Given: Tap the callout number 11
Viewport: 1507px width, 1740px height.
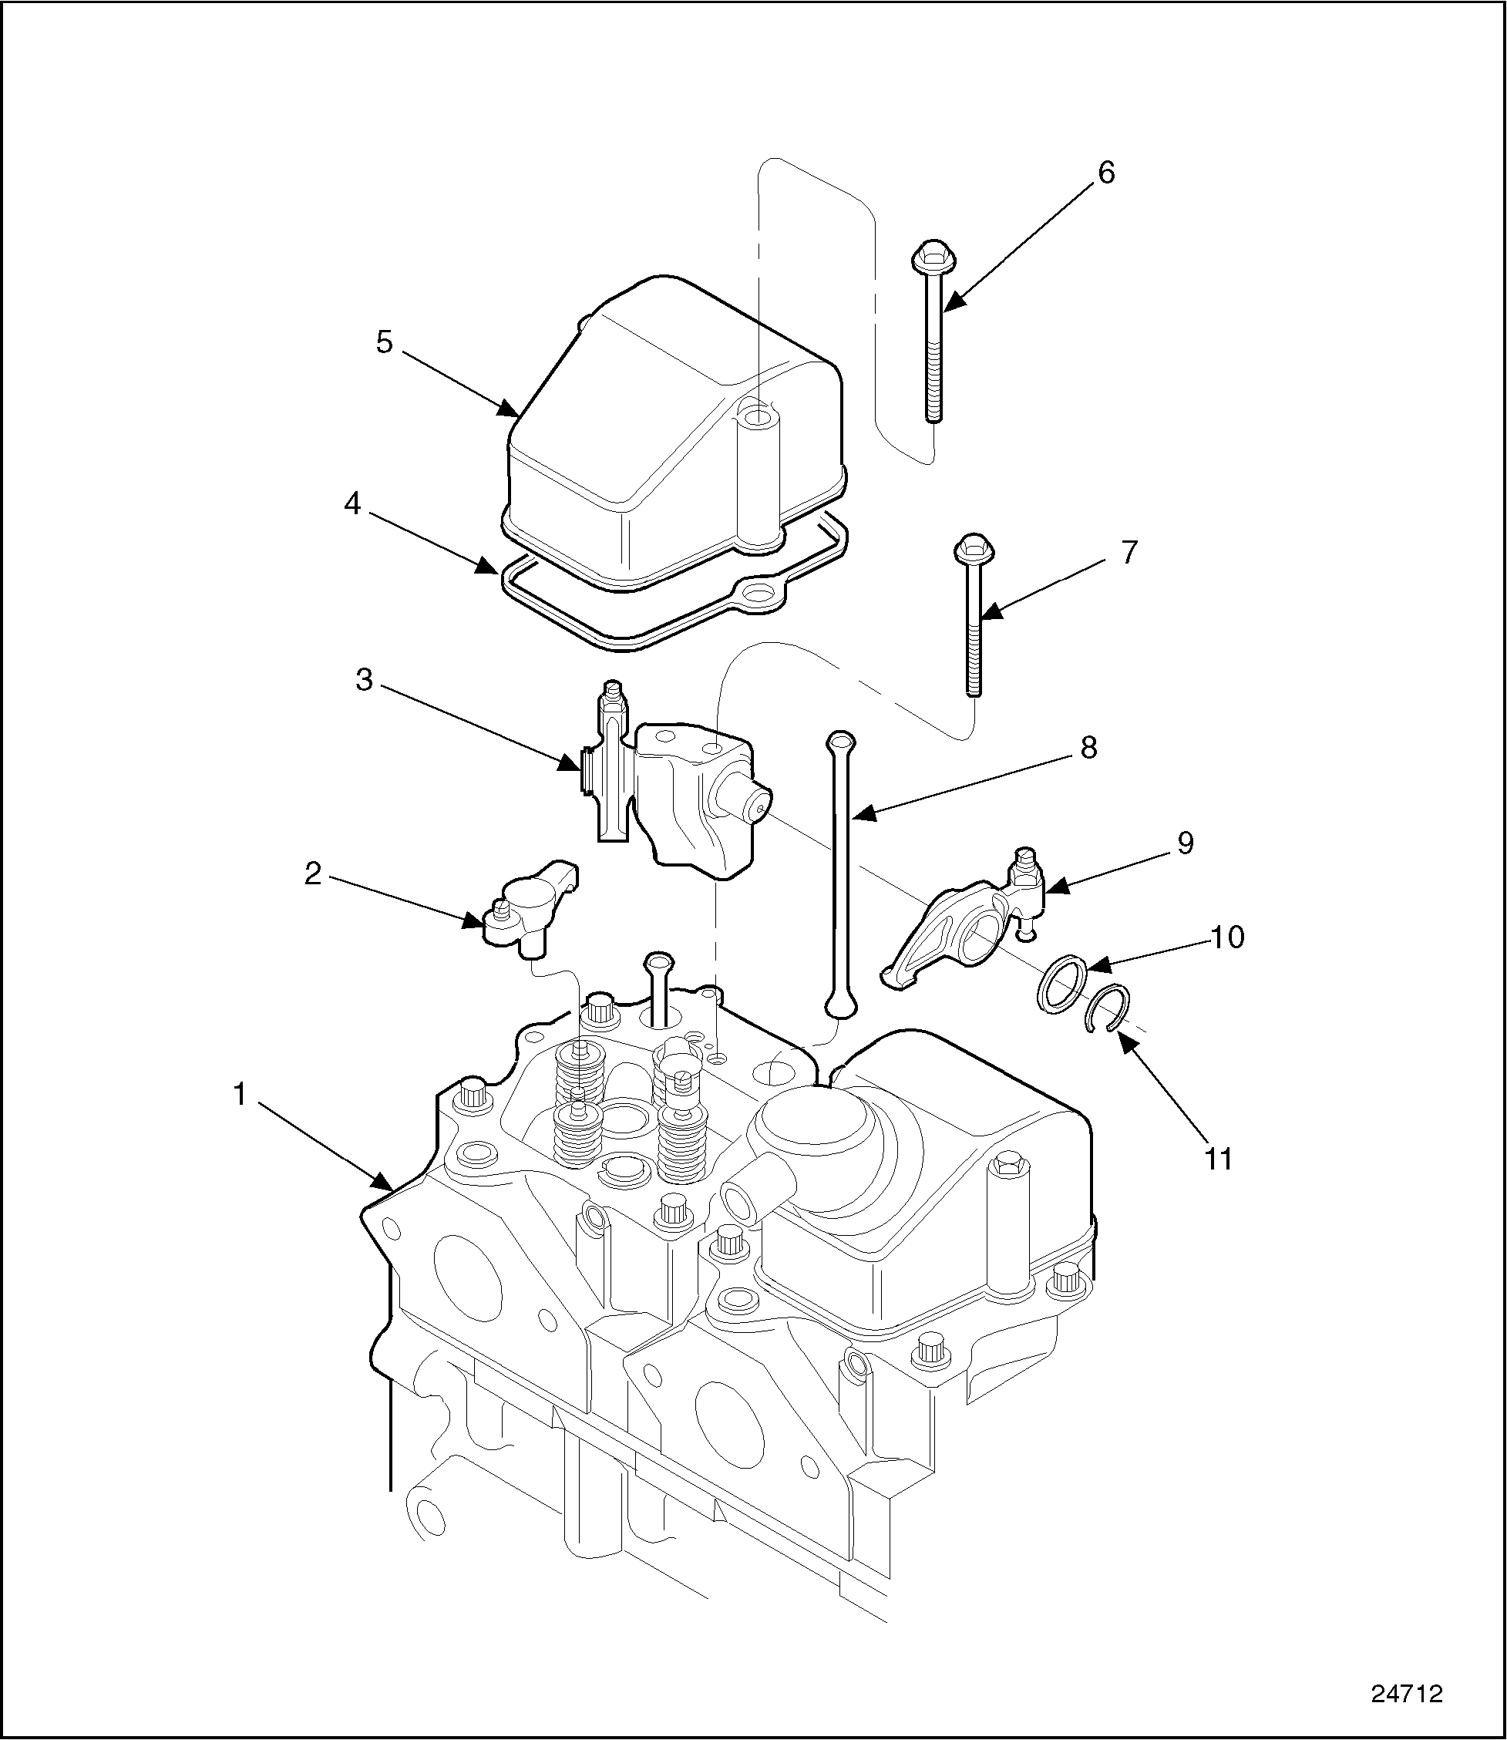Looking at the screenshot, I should pyautogui.click(x=1218, y=1159).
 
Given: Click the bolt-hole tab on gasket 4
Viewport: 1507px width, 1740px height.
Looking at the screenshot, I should pyautogui.click(x=761, y=594).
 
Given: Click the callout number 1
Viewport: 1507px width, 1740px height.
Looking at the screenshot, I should pyautogui.click(x=241, y=1095).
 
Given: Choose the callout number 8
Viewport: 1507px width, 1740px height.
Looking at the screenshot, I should pyautogui.click(x=1088, y=747).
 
